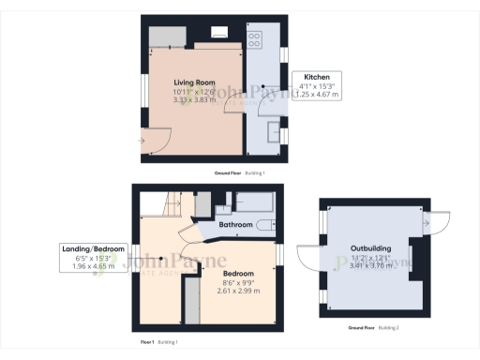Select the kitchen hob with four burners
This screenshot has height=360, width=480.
point(255,38)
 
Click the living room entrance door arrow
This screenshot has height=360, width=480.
point(142,142)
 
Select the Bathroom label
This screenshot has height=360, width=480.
point(235,225)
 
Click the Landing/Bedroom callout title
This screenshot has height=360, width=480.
point(92,248)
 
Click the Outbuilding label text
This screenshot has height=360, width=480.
point(373,249)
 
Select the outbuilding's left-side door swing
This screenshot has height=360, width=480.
point(310,258)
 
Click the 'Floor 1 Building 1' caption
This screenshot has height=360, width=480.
point(164,343)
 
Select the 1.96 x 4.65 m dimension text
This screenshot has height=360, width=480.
point(92,266)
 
